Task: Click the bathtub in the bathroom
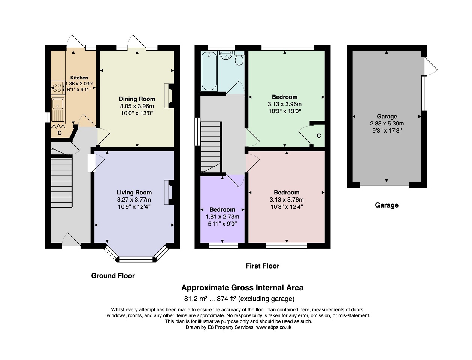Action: (x=209, y=71)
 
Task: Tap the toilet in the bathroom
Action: (x=239, y=58)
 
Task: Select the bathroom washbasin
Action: (x=226, y=55)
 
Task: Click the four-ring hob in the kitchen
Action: (x=58, y=88)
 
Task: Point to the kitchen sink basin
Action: (x=58, y=104)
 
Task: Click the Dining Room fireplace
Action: (x=169, y=96)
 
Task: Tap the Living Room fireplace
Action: (x=169, y=192)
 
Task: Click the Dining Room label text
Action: (x=137, y=99)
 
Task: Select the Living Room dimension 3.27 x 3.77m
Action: (x=134, y=200)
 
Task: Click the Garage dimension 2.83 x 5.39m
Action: (x=387, y=124)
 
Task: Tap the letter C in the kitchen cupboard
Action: (x=60, y=133)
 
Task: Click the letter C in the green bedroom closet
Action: (x=319, y=136)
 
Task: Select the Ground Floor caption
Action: (x=113, y=276)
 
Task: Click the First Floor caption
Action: (x=262, y=266)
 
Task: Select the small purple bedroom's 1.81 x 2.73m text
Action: (x=223, y=217)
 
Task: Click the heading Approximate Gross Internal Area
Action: (x=242, y=288)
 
